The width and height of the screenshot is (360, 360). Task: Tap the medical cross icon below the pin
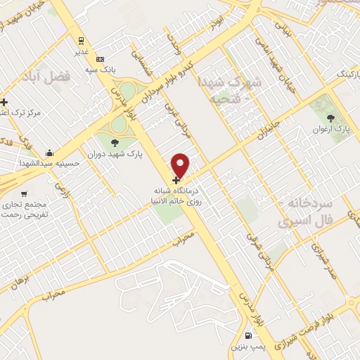click(x=175, y=180)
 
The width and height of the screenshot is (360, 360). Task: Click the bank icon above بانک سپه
click(x=101, y=59)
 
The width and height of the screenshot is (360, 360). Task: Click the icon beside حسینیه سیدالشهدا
click(x=49, y=153)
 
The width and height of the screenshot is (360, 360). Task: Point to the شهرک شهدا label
click(x=229, y=84)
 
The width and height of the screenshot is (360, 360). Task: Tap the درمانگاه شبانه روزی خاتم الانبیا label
click(x=181, y=195)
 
